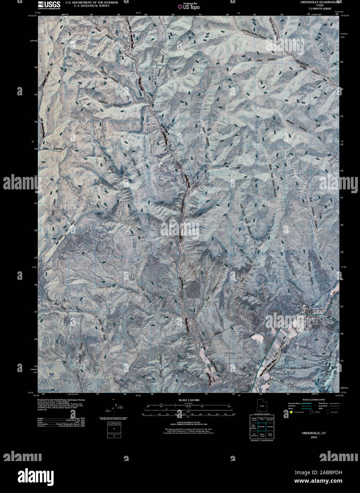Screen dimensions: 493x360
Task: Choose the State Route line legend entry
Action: coord(328,403)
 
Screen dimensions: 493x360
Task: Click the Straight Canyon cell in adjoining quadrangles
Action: coord(253,419)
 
